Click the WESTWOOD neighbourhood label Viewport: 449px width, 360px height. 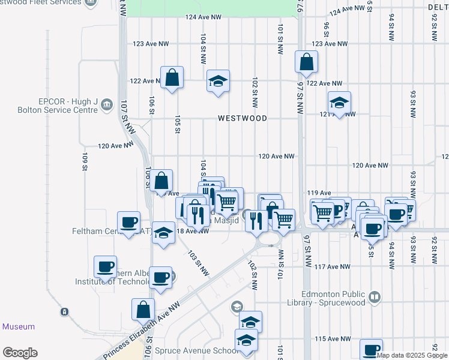pos(243,118)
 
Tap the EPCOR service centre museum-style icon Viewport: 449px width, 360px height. pos(107,105)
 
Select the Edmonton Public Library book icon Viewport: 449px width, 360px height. pos(375,296)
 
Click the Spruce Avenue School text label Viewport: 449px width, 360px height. pos(188,350)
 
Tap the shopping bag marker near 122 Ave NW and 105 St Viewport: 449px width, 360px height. pos(172,77)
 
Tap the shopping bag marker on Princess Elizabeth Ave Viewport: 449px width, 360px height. pos(143,310)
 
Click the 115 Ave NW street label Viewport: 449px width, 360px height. pos(333,339)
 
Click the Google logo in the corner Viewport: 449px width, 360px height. pos(20,353)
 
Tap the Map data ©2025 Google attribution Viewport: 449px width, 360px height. pos(412,355)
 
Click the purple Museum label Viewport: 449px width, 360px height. pos(19,327)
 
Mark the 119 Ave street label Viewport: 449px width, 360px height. pos(319,193)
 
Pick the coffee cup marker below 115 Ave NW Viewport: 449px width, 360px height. pos(371,350)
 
